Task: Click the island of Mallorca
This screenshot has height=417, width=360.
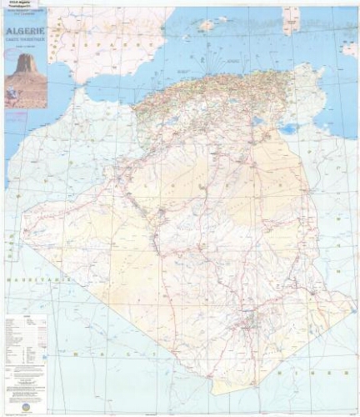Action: (x=207, y=26)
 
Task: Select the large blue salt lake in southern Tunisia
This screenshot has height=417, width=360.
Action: (x=288, y=129)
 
